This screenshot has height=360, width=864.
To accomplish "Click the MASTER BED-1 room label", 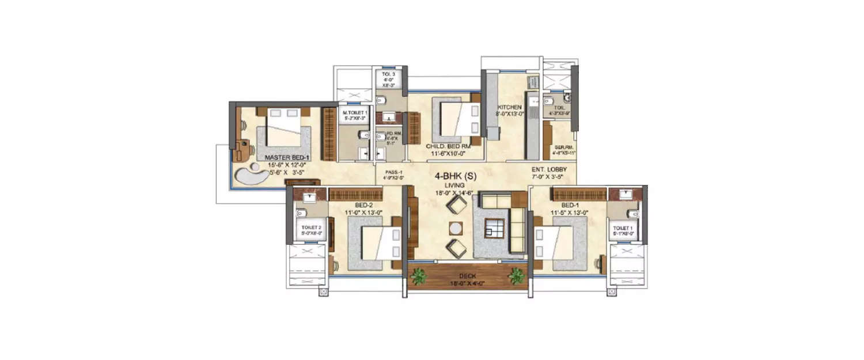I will tap(287, 157).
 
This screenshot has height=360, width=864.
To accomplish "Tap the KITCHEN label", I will tap(510, 107).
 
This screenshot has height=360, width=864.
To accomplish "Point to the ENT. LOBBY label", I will tap(550, 169).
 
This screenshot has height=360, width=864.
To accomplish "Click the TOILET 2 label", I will tap(311, 227).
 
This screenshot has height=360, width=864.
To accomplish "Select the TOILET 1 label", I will tap(622, 227).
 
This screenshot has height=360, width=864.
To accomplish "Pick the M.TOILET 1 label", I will tap(355, 112).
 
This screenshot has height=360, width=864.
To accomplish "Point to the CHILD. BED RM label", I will tap(448, 147).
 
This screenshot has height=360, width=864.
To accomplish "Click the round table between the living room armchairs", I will tap(456, 228).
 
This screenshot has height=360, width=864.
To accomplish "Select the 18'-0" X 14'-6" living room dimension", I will tap(454, 194).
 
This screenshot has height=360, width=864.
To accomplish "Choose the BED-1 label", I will tap(570, 204).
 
